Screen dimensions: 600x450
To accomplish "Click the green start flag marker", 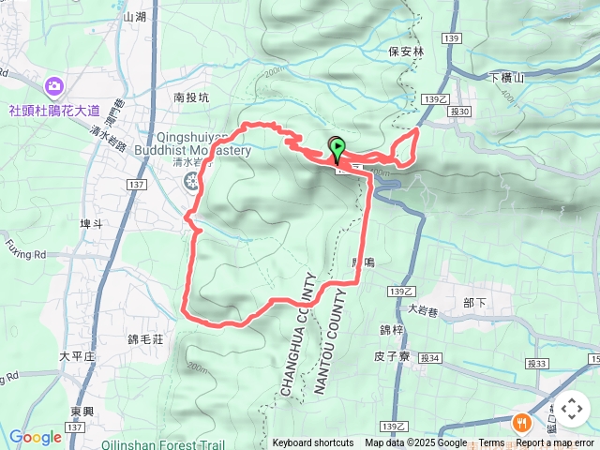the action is (337, 148).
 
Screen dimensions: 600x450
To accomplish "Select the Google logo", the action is (35, 437).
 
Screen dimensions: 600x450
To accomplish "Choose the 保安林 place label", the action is (406, 52).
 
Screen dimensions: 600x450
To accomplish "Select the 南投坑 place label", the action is (193, 96).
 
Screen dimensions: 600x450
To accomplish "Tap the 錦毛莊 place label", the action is (145, 337).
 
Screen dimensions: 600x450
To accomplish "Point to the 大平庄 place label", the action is (77, 356).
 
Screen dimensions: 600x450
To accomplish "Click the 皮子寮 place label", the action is (393, 356).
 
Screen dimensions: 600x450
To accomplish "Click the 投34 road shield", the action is (430, 357).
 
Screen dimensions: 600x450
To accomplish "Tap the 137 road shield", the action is (136, 185).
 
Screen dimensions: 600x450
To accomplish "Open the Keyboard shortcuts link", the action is (313, 443).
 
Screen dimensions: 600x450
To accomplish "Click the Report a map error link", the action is (555, 443).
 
